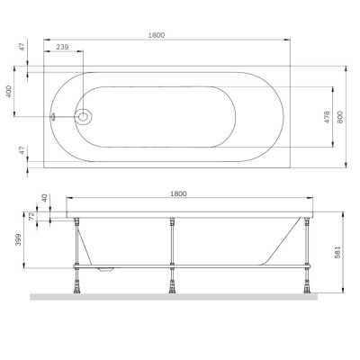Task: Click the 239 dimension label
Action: pyautogui.click(x=64, y=46)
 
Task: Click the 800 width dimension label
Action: pyautogui.click(x=341, y=115)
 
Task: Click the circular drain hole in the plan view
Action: pyautogui.click(x=85, y=115)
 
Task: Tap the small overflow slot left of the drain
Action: pyautogui.click(x=55, y=115)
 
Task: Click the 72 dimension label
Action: pyautogui.click(x=33, y=218)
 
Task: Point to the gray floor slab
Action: pyautogui.click(x=180, y=296)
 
